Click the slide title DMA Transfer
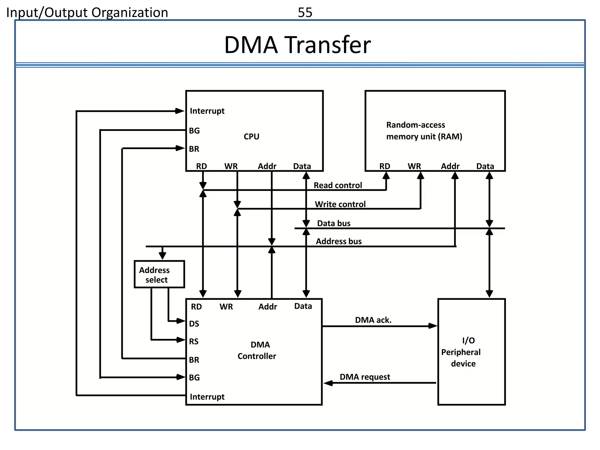tap(297, 45)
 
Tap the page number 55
tap(305, 13)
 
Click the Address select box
tap(159, 274)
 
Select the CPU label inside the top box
tap(251, 137)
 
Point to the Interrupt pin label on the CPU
tap(207, 111)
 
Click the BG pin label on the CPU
tap(194, 131)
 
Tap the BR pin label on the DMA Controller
tap(194, 360)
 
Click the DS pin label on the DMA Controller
tap(194, 324)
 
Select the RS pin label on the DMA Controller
tap(194, 342)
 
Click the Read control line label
tap(337, 185)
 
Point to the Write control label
tap(340, 204)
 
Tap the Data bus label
tap(333, 223)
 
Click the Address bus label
tap(338, 241)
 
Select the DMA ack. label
tap(373, 320)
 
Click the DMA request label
tap(364, 377)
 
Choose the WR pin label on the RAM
tap(414, 166)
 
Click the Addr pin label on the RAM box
tap(450, 166)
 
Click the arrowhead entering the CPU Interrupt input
tap(180, 111)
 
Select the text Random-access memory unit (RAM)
tap(424, 131)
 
